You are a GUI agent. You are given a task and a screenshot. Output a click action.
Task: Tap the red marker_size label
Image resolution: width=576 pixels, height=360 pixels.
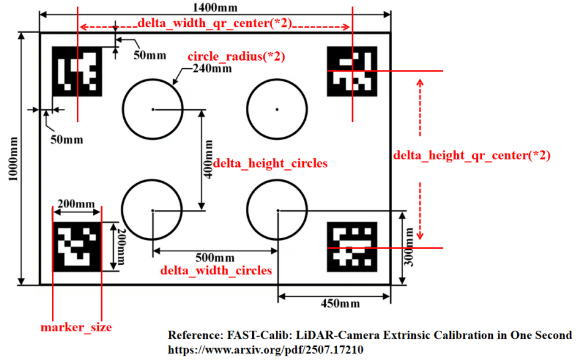point(76,327)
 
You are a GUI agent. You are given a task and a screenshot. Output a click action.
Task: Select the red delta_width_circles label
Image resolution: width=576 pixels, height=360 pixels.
point(216,271)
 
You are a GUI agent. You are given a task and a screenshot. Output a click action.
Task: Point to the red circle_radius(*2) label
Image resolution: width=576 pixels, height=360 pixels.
point(236,56)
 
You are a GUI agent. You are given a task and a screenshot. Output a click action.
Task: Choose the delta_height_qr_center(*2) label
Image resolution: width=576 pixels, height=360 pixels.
point(472,156)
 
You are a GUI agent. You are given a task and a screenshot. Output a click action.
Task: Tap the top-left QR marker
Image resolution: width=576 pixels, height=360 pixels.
point(77,72)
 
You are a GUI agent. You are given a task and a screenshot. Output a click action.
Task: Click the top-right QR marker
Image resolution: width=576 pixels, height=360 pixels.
point(351,72)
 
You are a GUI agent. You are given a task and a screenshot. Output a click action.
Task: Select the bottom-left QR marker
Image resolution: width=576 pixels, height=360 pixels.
point(77,246)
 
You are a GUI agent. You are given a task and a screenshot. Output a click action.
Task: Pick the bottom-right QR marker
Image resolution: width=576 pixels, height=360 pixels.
point(352,246)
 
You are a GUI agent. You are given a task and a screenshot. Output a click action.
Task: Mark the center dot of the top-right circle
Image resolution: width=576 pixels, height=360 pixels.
point(277,109)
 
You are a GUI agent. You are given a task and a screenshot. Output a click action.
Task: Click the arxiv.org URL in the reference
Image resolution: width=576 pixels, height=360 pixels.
point(266,350)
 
